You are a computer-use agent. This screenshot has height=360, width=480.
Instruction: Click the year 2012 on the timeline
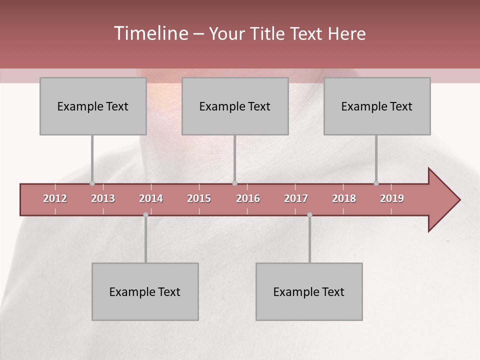coord(55,198)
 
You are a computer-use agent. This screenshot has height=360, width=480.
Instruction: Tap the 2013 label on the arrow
coord(103,198)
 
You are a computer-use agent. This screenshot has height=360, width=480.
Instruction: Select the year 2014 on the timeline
coord(151,198)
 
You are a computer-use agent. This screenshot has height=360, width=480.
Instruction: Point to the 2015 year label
coord(199,198)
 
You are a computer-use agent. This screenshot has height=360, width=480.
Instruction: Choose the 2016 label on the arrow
coord(248,198)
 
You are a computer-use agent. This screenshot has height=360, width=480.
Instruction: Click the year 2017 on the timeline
coord(296,198)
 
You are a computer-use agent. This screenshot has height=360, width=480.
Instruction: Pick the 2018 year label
coord(344,198)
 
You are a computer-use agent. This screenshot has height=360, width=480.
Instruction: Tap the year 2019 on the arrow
coord(392,198)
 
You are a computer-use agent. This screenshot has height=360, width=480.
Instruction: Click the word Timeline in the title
coord(150,33)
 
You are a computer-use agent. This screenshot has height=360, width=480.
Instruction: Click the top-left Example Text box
coord(93,106)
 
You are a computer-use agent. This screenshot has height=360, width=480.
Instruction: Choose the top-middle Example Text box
coord(235,106)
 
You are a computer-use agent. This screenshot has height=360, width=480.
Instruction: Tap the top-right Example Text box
coord(377,106)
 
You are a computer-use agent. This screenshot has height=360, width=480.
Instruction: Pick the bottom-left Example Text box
coord(145,291)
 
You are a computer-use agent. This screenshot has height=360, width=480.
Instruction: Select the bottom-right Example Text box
coord(309,291)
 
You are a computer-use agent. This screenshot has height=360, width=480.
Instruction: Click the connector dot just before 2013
coord(92,183)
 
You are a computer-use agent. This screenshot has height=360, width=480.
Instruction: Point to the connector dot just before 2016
coord(234,183)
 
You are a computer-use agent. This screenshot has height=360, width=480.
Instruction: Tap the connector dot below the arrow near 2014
coord(145,215)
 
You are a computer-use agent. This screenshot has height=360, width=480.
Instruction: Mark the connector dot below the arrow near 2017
coord(309,215)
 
